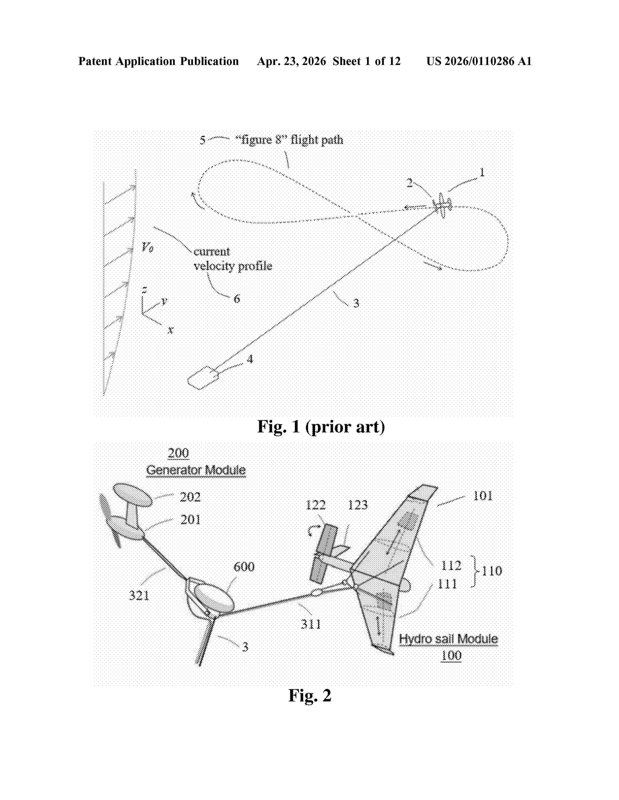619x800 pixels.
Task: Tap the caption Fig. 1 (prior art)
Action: point(321,427)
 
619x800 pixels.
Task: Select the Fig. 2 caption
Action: point(310,695)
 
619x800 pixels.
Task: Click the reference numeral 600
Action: point(244,567)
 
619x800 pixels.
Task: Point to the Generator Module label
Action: point(196,470)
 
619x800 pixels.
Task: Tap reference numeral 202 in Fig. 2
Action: point(190,497)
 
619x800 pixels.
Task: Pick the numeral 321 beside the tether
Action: point(139,595)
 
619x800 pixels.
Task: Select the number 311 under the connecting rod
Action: point(311,624)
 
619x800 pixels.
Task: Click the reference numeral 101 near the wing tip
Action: point(483,496)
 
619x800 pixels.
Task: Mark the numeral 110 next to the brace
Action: point(492,571)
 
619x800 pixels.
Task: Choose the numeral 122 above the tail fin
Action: point(315,505)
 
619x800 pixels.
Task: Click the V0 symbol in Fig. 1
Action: point(147,247)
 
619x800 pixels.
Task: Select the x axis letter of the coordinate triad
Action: point(170,330)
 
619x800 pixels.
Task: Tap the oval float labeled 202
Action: point(132,495)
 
